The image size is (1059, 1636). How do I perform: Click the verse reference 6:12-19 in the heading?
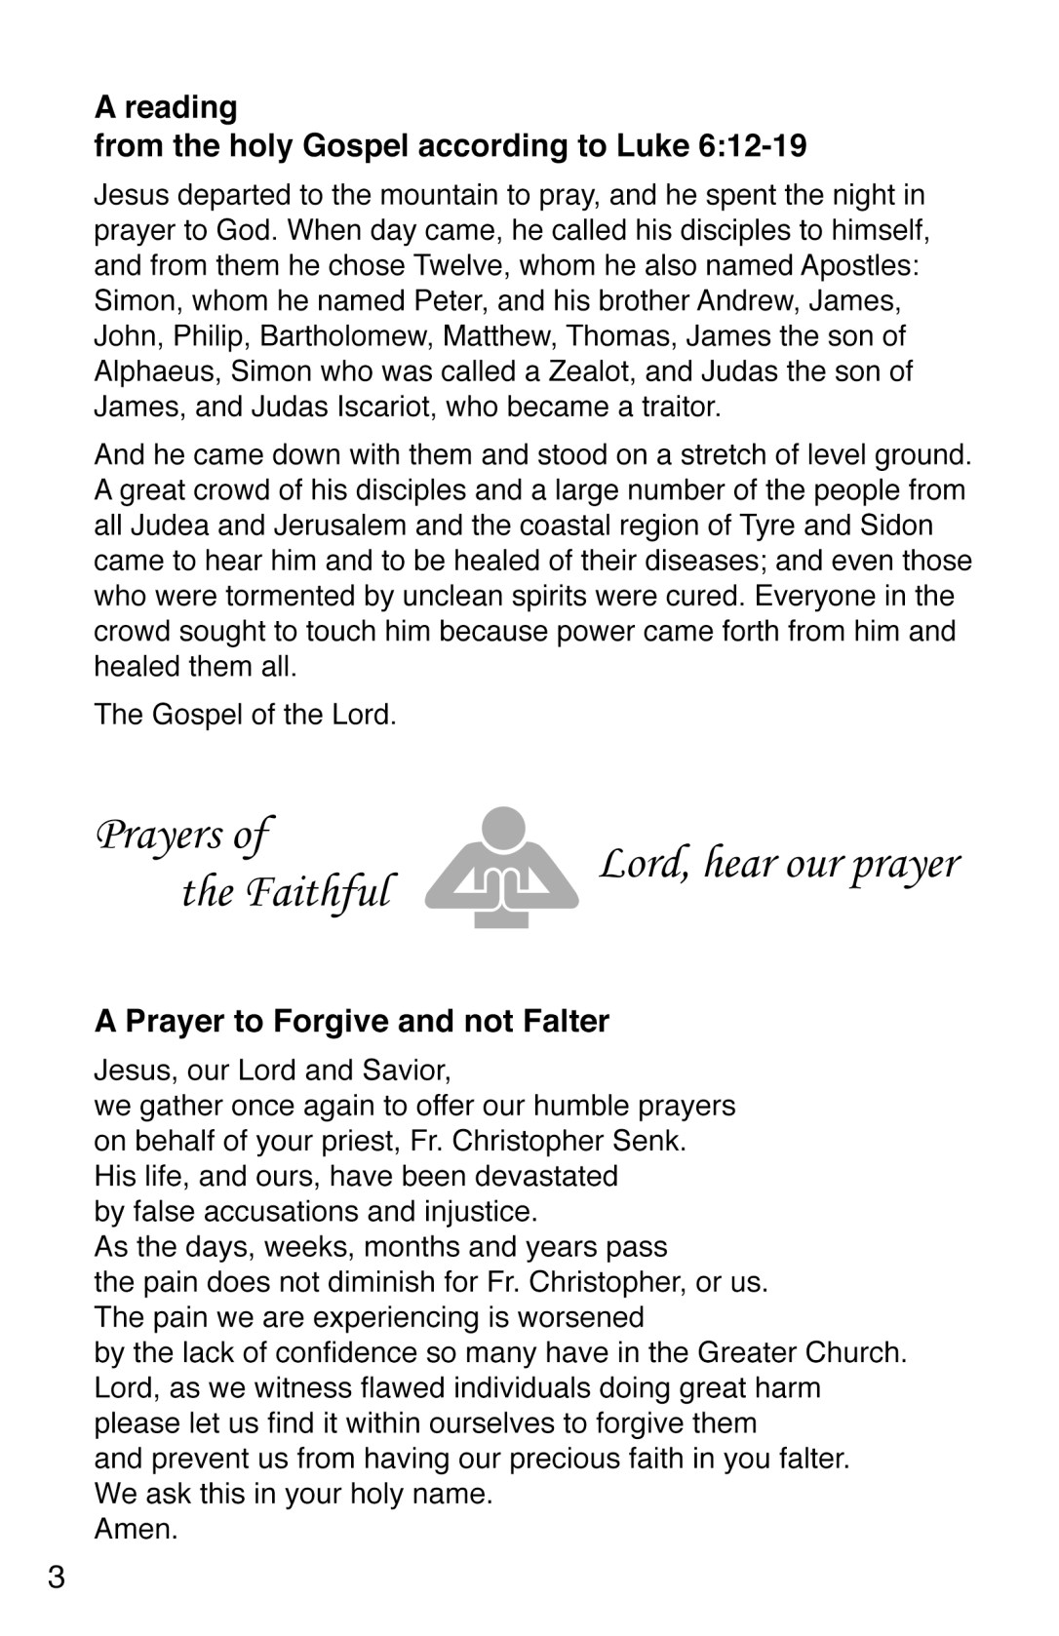(753, 146)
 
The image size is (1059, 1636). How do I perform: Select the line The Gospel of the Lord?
(245, 715)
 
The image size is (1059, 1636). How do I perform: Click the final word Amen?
(136, 1529)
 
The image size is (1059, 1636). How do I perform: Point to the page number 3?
(57, 1578)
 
